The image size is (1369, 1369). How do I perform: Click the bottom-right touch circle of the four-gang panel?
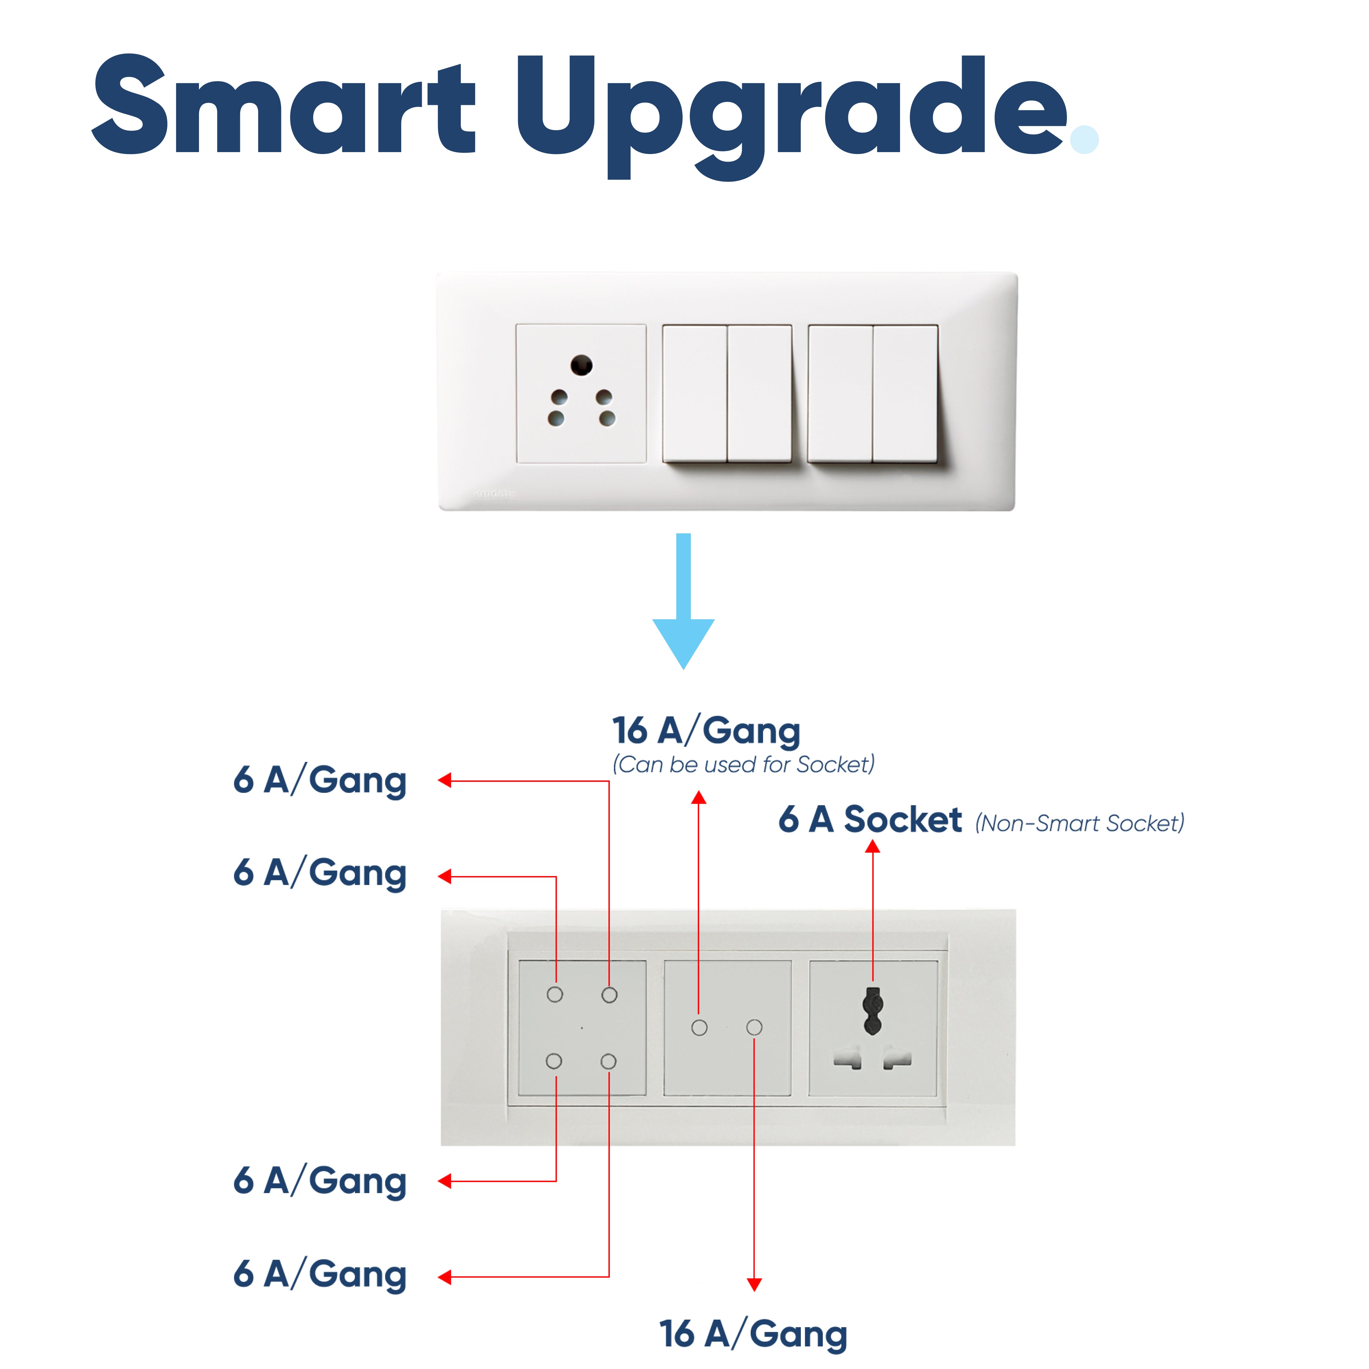608,1062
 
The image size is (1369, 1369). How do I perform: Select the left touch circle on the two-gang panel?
699,1027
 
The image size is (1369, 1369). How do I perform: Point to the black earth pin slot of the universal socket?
873,1011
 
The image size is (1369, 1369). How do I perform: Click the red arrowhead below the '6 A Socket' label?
873,847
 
